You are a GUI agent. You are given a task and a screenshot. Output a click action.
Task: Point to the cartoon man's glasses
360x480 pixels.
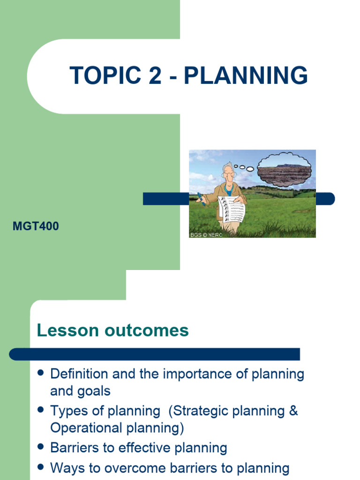click(228, 173)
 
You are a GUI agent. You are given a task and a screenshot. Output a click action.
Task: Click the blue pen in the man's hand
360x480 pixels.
click(200, 199)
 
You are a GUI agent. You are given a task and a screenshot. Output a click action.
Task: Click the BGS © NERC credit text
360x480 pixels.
click(206, 234)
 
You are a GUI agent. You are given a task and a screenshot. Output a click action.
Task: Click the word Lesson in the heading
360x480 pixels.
click(66, 330)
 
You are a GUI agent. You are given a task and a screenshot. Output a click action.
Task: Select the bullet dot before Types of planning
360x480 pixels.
click(40, 410)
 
